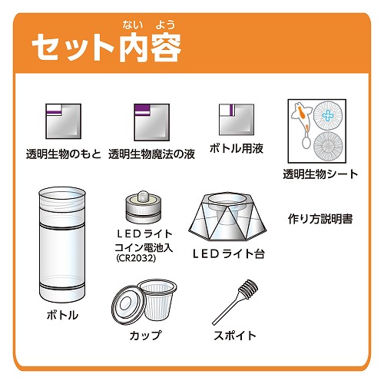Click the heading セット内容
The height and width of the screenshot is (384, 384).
107,48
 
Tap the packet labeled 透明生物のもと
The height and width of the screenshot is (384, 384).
63,121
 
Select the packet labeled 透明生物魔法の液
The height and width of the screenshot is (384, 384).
152,122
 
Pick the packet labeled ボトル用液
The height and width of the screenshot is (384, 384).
237,119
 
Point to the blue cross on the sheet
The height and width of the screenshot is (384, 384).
328,116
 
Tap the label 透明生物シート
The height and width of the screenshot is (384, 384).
320,174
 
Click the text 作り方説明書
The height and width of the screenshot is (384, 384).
320,219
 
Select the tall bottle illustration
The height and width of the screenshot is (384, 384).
61,245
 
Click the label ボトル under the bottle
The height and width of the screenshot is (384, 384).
62,315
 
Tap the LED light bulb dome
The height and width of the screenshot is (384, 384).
144,197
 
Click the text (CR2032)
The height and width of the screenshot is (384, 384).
136,258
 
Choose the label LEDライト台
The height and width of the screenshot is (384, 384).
229,253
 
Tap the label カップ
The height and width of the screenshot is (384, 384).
146,336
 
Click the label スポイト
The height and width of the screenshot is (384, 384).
235,336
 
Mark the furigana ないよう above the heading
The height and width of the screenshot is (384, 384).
149,25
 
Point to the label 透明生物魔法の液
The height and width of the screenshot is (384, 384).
151,154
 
